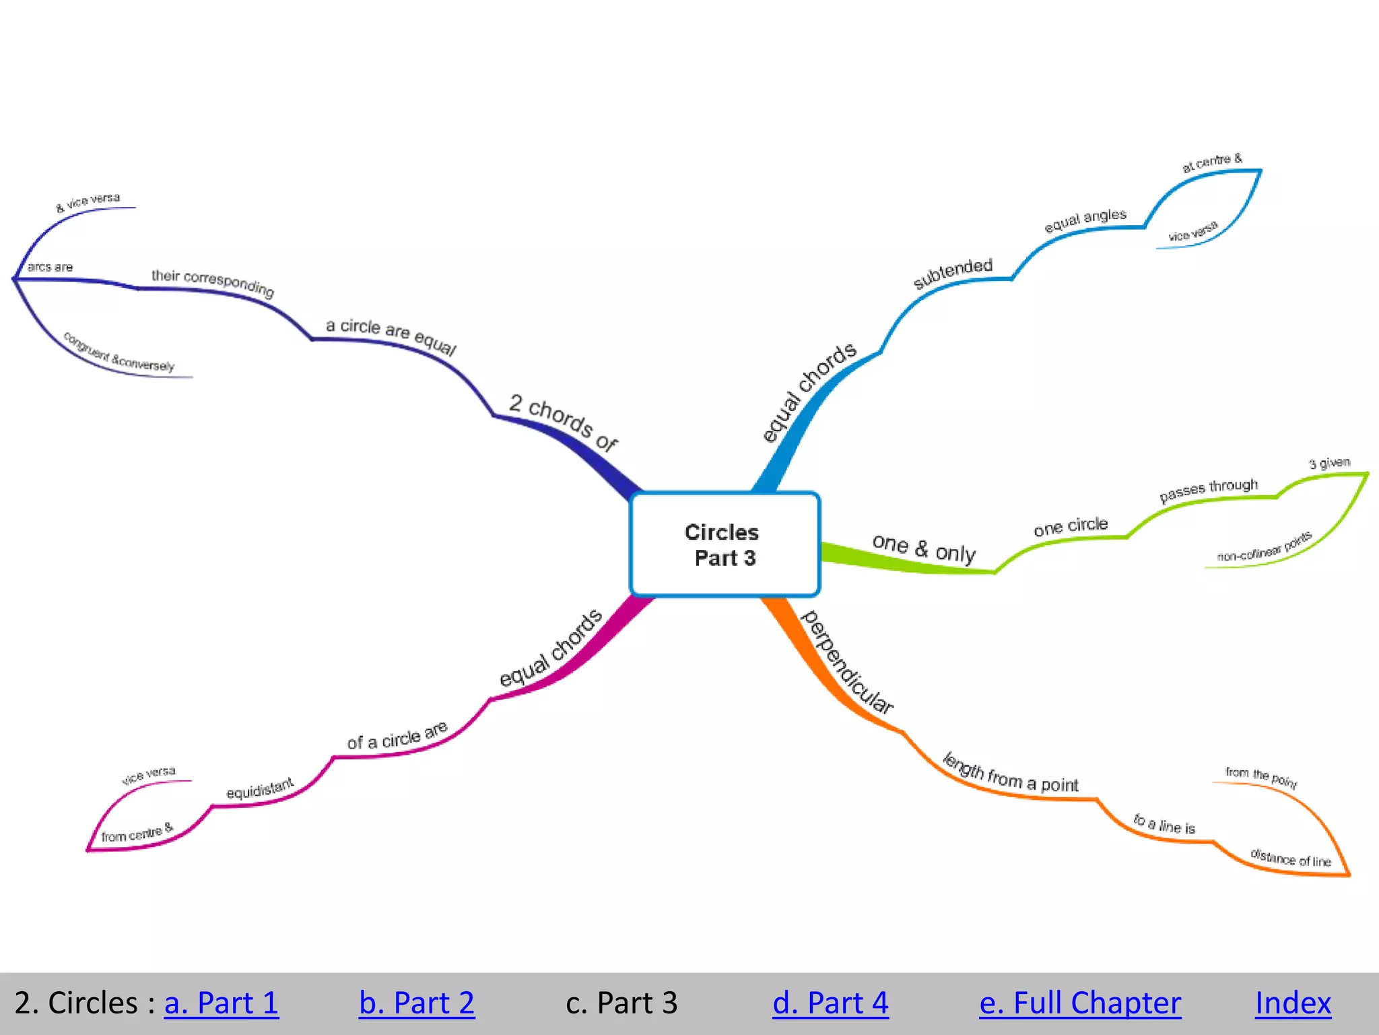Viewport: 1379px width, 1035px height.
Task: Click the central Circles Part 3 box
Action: coord(725,544)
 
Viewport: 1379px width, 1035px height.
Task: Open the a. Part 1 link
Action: coord(221,1003)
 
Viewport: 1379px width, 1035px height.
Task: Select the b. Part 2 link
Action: coord(416,1003)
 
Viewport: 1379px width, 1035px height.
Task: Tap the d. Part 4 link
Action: coord(830,1003)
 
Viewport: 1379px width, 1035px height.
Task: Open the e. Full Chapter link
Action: coord(1079,1003)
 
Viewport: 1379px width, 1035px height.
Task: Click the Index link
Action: coord(1293,1003)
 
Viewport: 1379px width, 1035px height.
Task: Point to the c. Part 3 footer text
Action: coord(621,1003)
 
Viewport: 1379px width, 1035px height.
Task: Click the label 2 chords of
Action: coord(563,422)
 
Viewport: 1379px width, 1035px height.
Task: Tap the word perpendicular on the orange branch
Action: coord(848,662)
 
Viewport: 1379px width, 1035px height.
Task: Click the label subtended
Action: coord(953,272)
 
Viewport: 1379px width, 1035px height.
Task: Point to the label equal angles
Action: coord(1085,220)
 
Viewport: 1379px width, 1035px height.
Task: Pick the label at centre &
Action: coord(1212,162)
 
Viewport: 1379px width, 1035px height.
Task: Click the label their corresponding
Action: coord(213,282)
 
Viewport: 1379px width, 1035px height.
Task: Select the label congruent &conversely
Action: coord(119,352)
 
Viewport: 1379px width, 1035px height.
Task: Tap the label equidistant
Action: coord(260,788)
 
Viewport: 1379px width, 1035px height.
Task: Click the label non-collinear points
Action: coord(1264,547)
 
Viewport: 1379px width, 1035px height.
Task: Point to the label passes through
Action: coord(1208,490)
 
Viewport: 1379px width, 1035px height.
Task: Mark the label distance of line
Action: coord(1290,858)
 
